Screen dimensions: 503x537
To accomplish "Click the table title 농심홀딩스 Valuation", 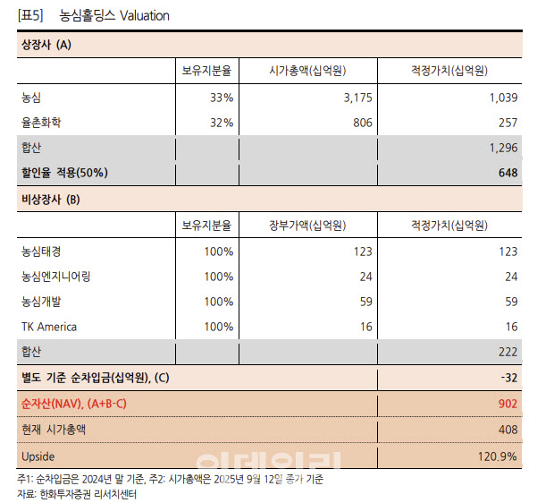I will point(113,16).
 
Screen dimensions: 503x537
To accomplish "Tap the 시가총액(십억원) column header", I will point(308,71).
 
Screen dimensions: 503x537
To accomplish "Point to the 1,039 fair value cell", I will point(501,97).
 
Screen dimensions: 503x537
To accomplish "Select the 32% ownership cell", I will point(221,123).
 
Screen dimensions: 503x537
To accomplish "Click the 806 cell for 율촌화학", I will point(362,123).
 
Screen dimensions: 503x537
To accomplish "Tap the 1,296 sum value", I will point(501,148).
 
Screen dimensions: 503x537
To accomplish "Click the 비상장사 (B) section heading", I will point(50,199).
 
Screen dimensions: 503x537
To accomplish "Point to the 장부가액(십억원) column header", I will point(308,225).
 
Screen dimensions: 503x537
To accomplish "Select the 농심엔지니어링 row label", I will point(60,276).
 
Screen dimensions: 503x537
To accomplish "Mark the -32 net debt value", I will point(508,379).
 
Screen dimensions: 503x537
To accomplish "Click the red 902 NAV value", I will point(508,404).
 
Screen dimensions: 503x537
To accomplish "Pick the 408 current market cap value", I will point(508,430).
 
